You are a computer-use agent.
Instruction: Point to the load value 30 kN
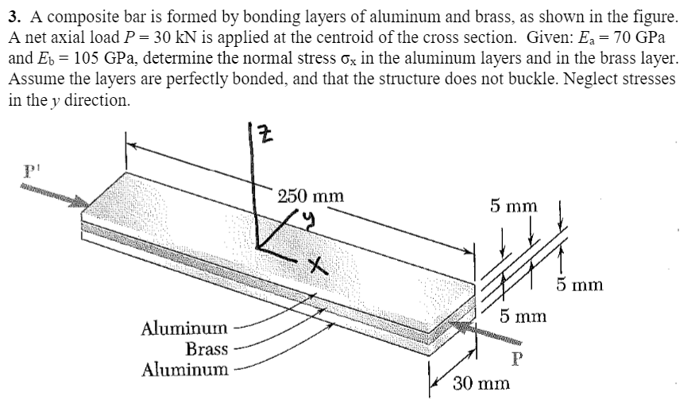(200, 37)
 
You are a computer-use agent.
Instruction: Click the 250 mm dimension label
(311, 195)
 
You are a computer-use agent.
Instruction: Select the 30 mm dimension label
(482, 384)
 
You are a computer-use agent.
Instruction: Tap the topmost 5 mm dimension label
(513, 207)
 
